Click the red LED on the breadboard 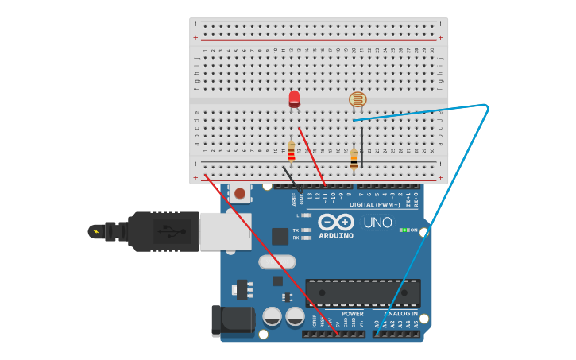tap(294, 98)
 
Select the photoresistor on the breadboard tap(358, 100)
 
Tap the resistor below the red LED tap(291, 150)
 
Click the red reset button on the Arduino tap(239, 192)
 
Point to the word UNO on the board tap(377, 223)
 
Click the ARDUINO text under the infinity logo tap(336, 235)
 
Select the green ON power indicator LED tap(404, 230)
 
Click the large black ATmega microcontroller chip tap(362, 292)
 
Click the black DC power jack tap(230, 320)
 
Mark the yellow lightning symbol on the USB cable tap(96, 232)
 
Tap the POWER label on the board tap(352, 313)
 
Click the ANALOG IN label tap(400, 313)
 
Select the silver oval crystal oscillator tap(276, 261)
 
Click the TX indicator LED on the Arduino tap(306, 230)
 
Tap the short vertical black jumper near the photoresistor tap(361, 147)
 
